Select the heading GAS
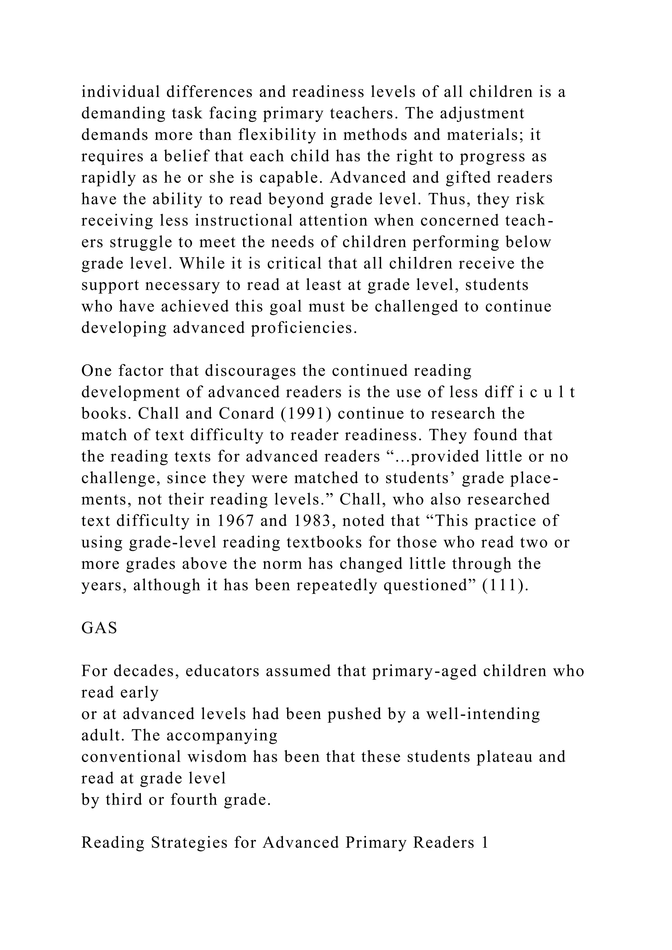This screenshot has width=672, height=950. point(99,628)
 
